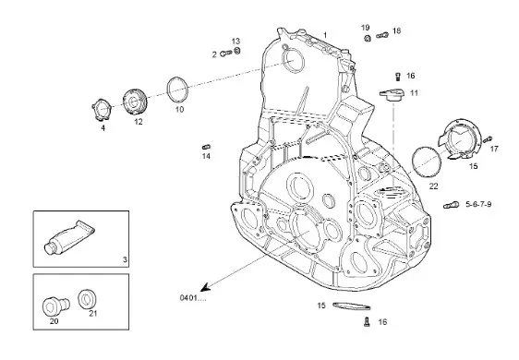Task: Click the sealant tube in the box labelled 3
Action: [x=69, y=237]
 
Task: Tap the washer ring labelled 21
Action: [x=88, y=299]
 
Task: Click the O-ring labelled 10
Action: [x=177, y=90]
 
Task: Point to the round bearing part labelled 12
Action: [x=135, y=102]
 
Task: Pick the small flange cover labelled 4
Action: [x=101, y=110]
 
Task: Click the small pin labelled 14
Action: [x=207, y=147]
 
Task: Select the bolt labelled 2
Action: [x=225, y=53]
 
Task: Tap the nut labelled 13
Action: [x=237, y=51]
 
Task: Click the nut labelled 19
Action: [x=367, y=38]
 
